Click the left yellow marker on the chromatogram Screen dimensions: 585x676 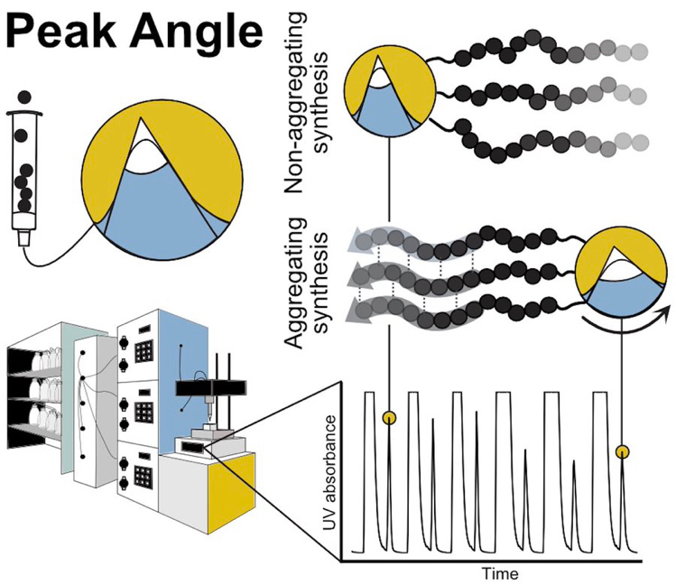[x=389, y=418]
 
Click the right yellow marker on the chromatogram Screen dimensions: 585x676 [x=622, y=451]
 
